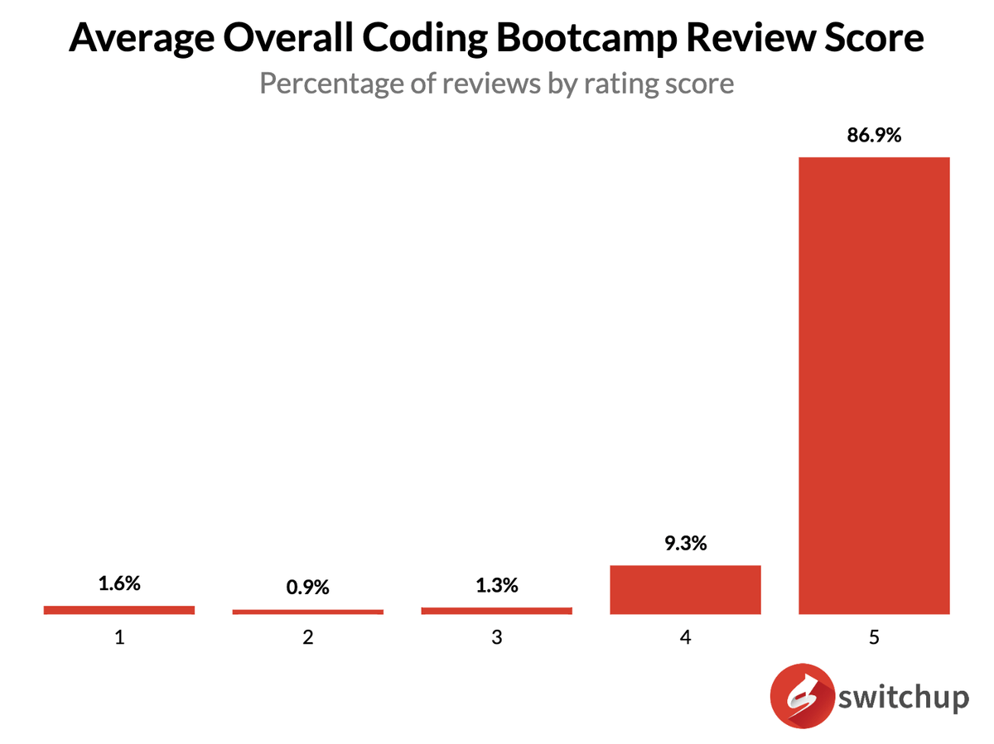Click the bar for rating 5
click(873, 385)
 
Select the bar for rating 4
click(685, 589)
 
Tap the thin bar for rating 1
click(119, 610)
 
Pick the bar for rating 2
click(308, 612)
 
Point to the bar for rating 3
click(496, 611)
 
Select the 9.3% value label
click(685, 545)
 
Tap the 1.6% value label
click(119, 583)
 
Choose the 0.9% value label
click(308, 588)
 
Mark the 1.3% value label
click(496, 586)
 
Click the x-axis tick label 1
click(119, 638)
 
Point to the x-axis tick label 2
click(308, 638)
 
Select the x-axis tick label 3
click(496, 638)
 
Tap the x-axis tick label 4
click(685, 638)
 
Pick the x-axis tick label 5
click(873, 638)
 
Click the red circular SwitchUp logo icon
click(800, 698)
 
